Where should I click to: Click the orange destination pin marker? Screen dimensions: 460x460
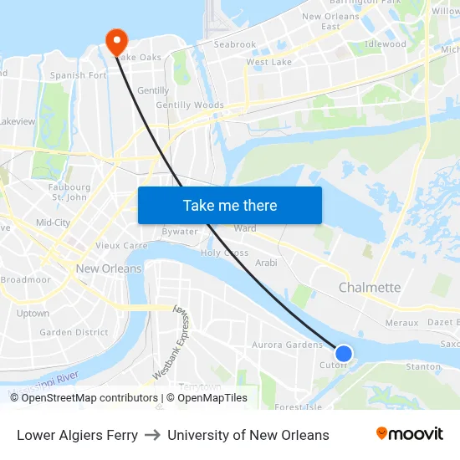[115, 40]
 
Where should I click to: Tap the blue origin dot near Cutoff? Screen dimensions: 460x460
[344, 354]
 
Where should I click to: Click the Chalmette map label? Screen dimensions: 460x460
[369, 288]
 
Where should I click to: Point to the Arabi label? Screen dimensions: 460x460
[265, 263]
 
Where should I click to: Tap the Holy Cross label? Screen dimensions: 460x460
[224, 253]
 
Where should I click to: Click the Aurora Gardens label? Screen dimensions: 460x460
[287, 345]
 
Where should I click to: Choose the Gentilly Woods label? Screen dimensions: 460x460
[190, 105]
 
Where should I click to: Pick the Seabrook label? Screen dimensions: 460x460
[235, 44]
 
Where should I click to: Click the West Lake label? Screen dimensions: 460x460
[268, 62]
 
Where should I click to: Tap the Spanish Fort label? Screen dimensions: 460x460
[79, 75]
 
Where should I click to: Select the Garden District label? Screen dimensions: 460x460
[74, 332]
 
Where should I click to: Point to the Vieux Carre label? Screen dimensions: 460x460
[121, 246]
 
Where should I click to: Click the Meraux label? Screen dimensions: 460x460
[401, 323]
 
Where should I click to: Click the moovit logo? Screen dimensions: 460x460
[409, 434]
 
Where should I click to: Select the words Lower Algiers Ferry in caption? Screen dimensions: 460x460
[77, 435]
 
